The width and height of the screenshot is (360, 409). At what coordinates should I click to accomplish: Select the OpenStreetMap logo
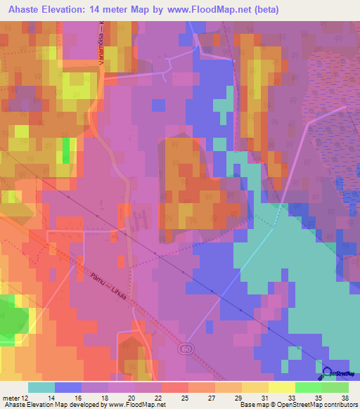coord(339,374)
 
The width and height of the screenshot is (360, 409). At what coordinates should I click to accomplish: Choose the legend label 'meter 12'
coord(16,398)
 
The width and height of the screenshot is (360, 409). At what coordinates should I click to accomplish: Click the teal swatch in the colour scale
coord(41,387)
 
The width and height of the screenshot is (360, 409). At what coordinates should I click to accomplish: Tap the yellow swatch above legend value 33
coord(281,387)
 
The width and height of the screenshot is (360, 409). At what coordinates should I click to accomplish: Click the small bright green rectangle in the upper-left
coord(67,150)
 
